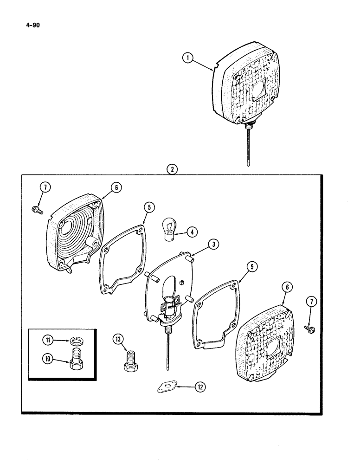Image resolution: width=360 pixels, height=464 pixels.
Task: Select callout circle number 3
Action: point(214,244)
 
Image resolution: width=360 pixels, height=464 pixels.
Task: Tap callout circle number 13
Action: point(119,340)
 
